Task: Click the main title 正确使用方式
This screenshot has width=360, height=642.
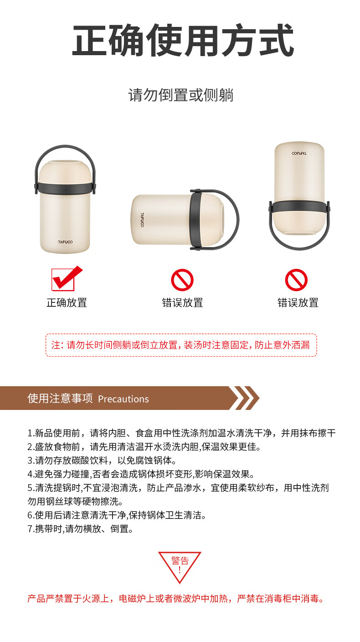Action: point(183,40)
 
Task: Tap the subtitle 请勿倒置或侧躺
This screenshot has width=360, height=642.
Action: point(181,95)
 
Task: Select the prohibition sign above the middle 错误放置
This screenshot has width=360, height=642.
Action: point(182,280)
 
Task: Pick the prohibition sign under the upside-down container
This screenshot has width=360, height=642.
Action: point(296,280)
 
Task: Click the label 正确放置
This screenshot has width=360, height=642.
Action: point(67,303)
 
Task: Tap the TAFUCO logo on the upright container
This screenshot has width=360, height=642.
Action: point(65,242)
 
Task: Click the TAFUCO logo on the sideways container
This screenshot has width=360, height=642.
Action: point(142,220)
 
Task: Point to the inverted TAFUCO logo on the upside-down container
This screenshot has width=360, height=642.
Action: point(299,153)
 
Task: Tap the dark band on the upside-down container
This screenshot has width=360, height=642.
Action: point(299,207)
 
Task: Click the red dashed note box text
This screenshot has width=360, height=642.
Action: point(181,345)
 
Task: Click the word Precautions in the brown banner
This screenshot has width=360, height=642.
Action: point(123,399)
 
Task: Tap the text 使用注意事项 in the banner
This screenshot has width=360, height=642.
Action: point(60,399)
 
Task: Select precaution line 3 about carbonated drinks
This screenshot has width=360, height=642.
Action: point(102,461)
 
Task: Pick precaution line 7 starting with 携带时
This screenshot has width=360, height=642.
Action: point(81,529)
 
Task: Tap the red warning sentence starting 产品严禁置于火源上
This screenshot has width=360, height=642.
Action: point(176,599)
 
